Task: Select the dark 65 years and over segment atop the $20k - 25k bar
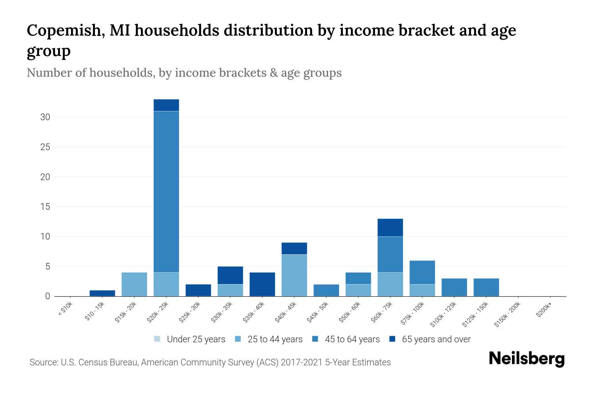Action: pos(166,105)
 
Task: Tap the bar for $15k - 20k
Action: pos(134,284)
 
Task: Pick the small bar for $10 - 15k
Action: pos(102,293)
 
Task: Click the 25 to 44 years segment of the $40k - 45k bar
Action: pos(294,275)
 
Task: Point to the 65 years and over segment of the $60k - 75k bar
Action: pos(390,227)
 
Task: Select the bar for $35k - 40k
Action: pos(262,284)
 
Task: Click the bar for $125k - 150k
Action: pos(486,287)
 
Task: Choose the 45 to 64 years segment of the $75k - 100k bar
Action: pos(422,272)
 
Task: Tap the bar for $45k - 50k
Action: pos(326,290)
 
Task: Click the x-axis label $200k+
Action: pos(544,310)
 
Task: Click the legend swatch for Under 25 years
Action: pos(157,339)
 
